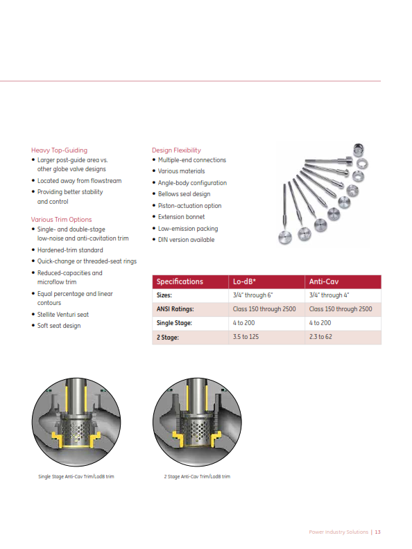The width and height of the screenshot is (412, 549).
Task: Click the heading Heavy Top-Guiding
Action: tap(59, 150)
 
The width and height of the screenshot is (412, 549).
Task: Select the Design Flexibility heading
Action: tap(176, 150)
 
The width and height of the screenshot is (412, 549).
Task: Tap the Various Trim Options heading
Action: tap(61, 220)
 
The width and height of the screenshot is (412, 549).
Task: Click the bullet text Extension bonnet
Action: tap(181, 217)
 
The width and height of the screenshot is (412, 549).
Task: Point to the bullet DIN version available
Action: tap(186, 240)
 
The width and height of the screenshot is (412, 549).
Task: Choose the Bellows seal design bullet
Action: tap(184, 194)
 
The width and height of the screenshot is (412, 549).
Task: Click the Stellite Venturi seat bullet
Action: tap(63, 314)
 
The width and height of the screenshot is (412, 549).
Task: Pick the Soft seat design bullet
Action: tap(59, 326)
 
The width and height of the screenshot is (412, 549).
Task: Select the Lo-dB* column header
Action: tap(246, 281)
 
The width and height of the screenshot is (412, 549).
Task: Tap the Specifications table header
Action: tap(180, 281)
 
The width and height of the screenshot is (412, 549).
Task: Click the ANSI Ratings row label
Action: tap(175, 309)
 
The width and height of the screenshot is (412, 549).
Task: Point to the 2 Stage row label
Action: tap(169, 337)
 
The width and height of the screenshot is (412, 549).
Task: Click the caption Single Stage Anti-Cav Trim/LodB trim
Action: tap(76, 477)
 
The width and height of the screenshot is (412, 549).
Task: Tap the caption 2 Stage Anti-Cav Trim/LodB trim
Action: tap(192, 477)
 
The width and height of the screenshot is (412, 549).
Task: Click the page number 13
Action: tap(378, 532)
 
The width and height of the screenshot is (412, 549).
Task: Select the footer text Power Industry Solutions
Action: tap(338, 532)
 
